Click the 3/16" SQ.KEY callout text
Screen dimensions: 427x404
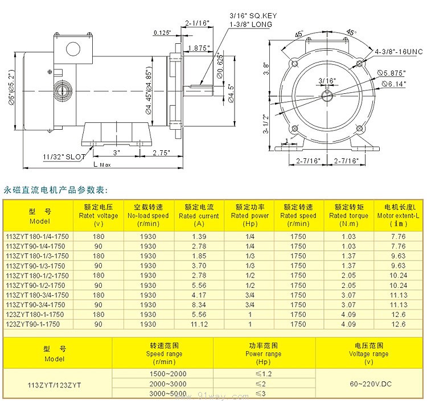pos(253,16)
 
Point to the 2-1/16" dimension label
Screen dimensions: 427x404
pos(197,23)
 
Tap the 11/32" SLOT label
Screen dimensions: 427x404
pos(64,156)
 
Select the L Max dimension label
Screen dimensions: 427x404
pos(102,164)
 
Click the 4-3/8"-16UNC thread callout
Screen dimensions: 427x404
pos(399,52)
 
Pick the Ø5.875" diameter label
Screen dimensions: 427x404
pos(392,73)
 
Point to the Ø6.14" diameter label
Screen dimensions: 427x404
pos(394,84)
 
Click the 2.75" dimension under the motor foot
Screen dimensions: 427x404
pos(161,152)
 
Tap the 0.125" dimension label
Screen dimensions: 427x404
pos(162,33)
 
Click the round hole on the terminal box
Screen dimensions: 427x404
pos(73,50)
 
